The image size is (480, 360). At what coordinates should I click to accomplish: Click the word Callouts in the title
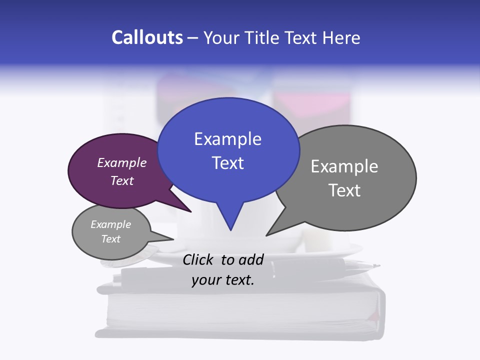(147, 37)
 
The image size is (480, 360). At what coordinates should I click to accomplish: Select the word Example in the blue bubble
(227, 138)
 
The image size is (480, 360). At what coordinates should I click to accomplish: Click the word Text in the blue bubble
(227, 162)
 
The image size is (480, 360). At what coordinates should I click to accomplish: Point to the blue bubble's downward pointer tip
(230, 230)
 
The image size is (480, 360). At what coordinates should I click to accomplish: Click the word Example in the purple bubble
(122, 162)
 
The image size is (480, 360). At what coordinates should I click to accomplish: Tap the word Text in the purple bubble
(122, 180)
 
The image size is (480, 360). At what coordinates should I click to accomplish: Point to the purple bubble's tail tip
(191, 212)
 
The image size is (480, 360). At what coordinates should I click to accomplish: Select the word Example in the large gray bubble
(344, 166)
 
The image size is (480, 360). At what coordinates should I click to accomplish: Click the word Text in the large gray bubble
(344, 190)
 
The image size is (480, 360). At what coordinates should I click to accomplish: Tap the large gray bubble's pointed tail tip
(266, 235)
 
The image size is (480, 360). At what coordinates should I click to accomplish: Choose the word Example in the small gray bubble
(110, 224)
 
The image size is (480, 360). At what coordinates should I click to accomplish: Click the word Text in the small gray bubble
(110, 239)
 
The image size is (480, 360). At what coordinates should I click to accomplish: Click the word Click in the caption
(199, 259)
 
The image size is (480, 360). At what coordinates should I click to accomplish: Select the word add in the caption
(251, 259)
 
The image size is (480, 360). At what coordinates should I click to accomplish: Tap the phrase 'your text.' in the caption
(223, 280)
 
